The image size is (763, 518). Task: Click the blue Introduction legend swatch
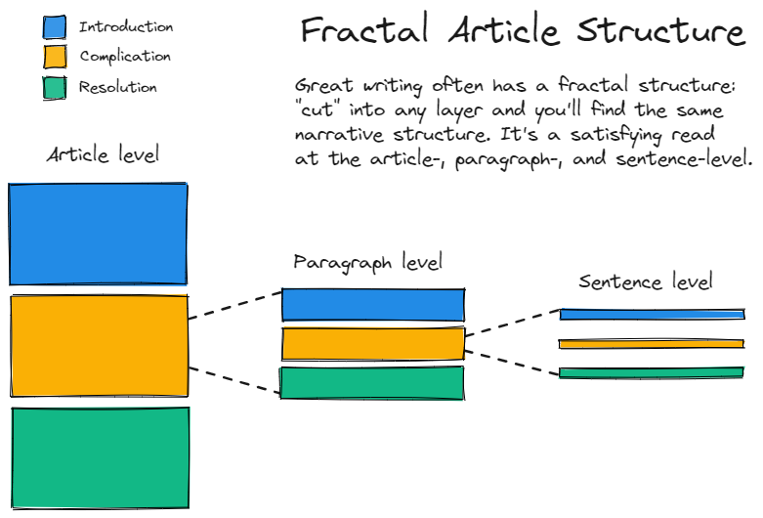(55, 27)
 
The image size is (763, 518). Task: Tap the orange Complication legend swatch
(55, 57)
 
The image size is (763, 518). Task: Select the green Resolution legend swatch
(55, 88)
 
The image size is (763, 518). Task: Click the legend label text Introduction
(126, 27)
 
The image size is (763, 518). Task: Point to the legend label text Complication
(125, 57)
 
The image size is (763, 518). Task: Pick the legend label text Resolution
(117, 88)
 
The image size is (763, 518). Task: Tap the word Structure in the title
(660, 31)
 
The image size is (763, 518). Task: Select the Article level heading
(103, 154)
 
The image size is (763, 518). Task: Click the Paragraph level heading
(367, 262)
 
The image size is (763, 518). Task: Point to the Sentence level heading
(645, 282)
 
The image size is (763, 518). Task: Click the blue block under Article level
(98, 234)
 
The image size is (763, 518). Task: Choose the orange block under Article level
(99, 345)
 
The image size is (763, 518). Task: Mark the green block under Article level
(100, 457)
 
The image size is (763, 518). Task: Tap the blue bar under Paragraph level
(372, 305)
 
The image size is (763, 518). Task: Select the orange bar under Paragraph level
(372, 343)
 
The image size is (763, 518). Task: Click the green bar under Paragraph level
(371, 382)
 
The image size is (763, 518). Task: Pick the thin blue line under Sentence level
(652, 315)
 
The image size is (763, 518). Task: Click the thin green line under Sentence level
(652, 372)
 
